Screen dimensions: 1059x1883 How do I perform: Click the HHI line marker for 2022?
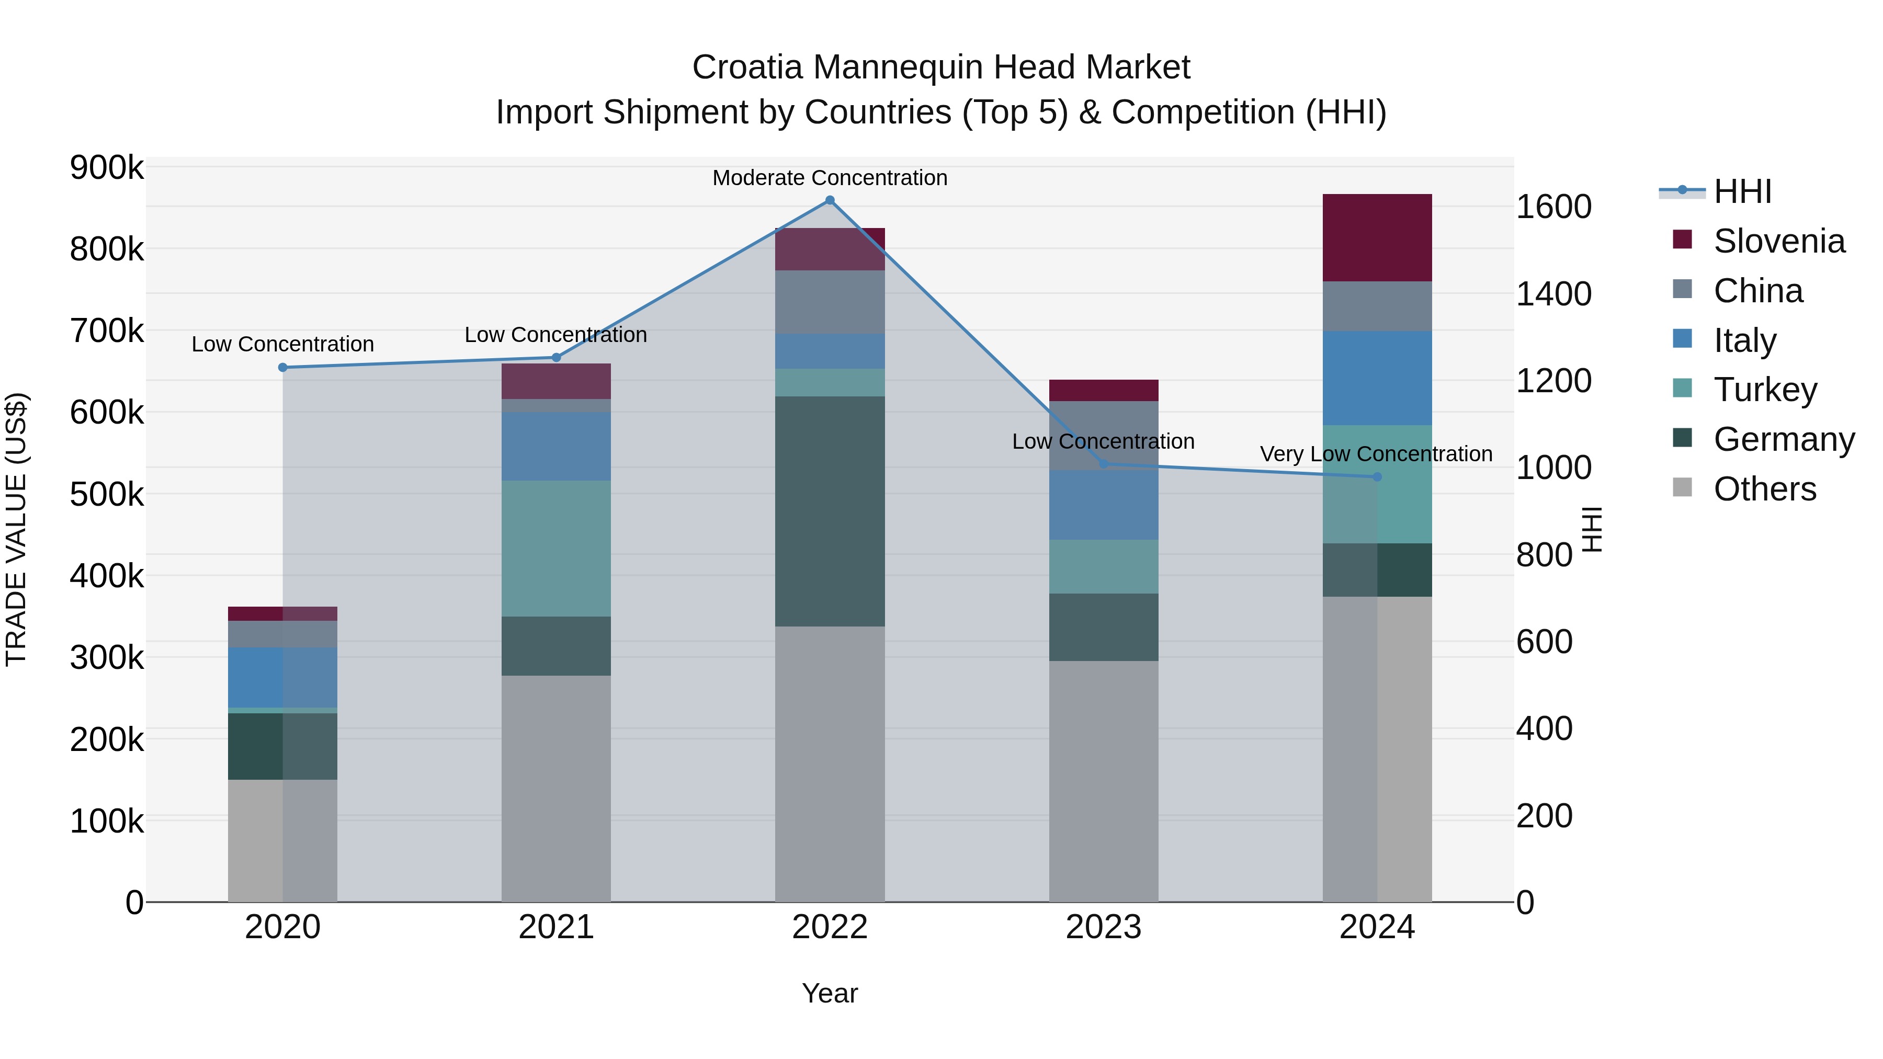pyautogui.click(x=830, y=200)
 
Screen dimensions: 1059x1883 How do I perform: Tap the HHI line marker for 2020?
pyautogui.click(x=283, y=368)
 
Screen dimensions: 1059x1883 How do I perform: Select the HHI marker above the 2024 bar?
pyautogui.click(x=1377, y=477)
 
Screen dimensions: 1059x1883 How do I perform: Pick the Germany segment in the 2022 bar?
pyautogui.click(x=830, y=511)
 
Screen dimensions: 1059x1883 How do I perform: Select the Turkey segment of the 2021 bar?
pyautogui.click(x=555, y=548)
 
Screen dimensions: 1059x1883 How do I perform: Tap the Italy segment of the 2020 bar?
pyautogui.click(x=283, y=677)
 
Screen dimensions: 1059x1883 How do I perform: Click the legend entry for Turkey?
pyautogui.click(x=1765, y=390)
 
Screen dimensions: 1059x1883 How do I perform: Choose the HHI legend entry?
pyautogui.click(x=1743, y=191)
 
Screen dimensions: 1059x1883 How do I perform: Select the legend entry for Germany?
pyautogui.click(x=1784, y=439)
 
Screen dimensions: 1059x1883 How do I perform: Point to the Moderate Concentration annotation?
pyautogui.click(x=830, y=178)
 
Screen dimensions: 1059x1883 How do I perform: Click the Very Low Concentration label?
pyautogui.click(x=1376, y=454)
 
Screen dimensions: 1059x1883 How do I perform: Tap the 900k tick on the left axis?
pyautogui.click(x=107, y=168)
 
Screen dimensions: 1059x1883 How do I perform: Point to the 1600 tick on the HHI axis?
pyautogui.click(x=1553, y=207)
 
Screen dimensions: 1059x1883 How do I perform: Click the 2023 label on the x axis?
pyautogui.click(x=1103, y=927)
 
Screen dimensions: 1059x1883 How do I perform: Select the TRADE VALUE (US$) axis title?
pyautogui.click(x=16, y=529)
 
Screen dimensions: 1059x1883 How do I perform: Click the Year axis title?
pyautogui.click(x=830, y=993)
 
